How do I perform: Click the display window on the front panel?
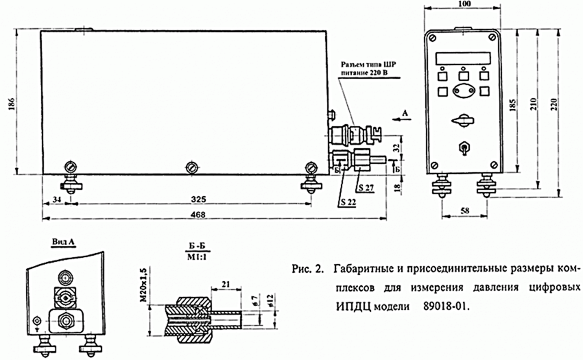pyautogui.click(x=463, y=57)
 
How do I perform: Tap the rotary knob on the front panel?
pyautogui.click(x=463, y=120)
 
